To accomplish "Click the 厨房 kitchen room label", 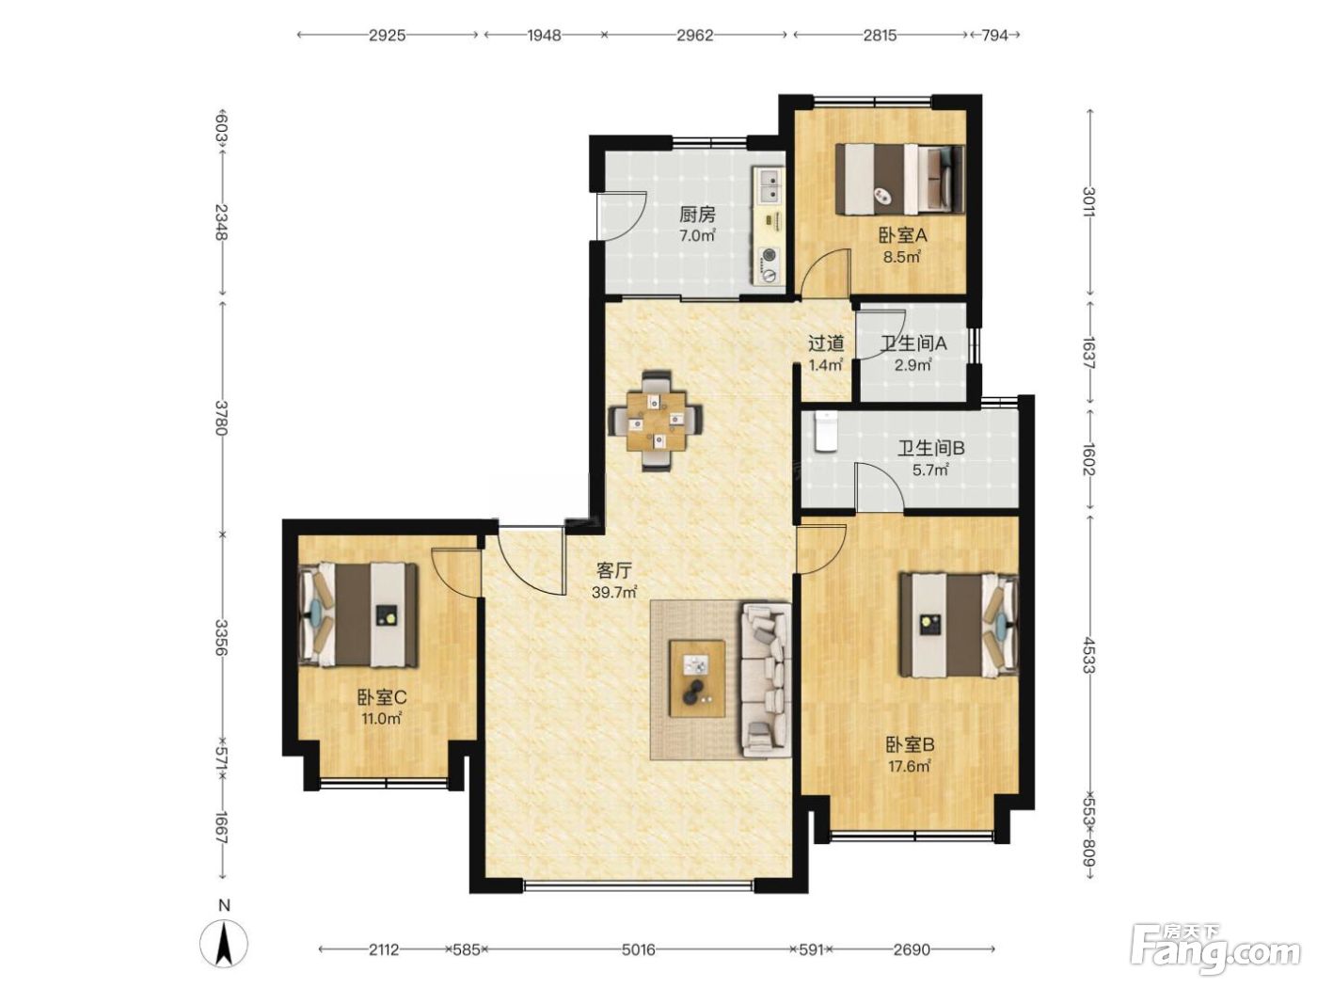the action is pos(697,215).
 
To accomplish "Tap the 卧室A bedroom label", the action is pos(902,235).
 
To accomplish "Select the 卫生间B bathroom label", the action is pos(930,448).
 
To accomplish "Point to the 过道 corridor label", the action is pos(826,343).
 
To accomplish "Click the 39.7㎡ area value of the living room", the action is pos(614,592).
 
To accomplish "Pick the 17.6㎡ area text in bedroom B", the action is pos(910,766).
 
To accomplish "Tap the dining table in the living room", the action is pos(656,421).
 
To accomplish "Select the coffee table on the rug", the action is pos(697,678).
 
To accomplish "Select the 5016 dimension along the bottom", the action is pos(638,949).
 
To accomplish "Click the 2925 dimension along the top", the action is pos(387,36).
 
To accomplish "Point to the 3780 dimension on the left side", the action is pos(222,418).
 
